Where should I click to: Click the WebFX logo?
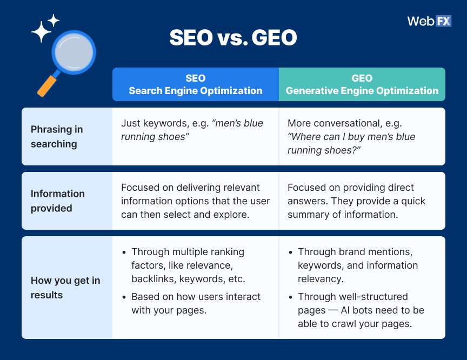pos(429,21)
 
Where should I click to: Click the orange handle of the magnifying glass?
pos(47,84)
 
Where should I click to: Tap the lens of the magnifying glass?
pos(73,53)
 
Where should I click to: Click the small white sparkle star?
pos(54,21)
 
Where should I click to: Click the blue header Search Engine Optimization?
pos(195,84)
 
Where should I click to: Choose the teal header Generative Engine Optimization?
pos(362,84)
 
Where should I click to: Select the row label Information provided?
pos(58,201)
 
